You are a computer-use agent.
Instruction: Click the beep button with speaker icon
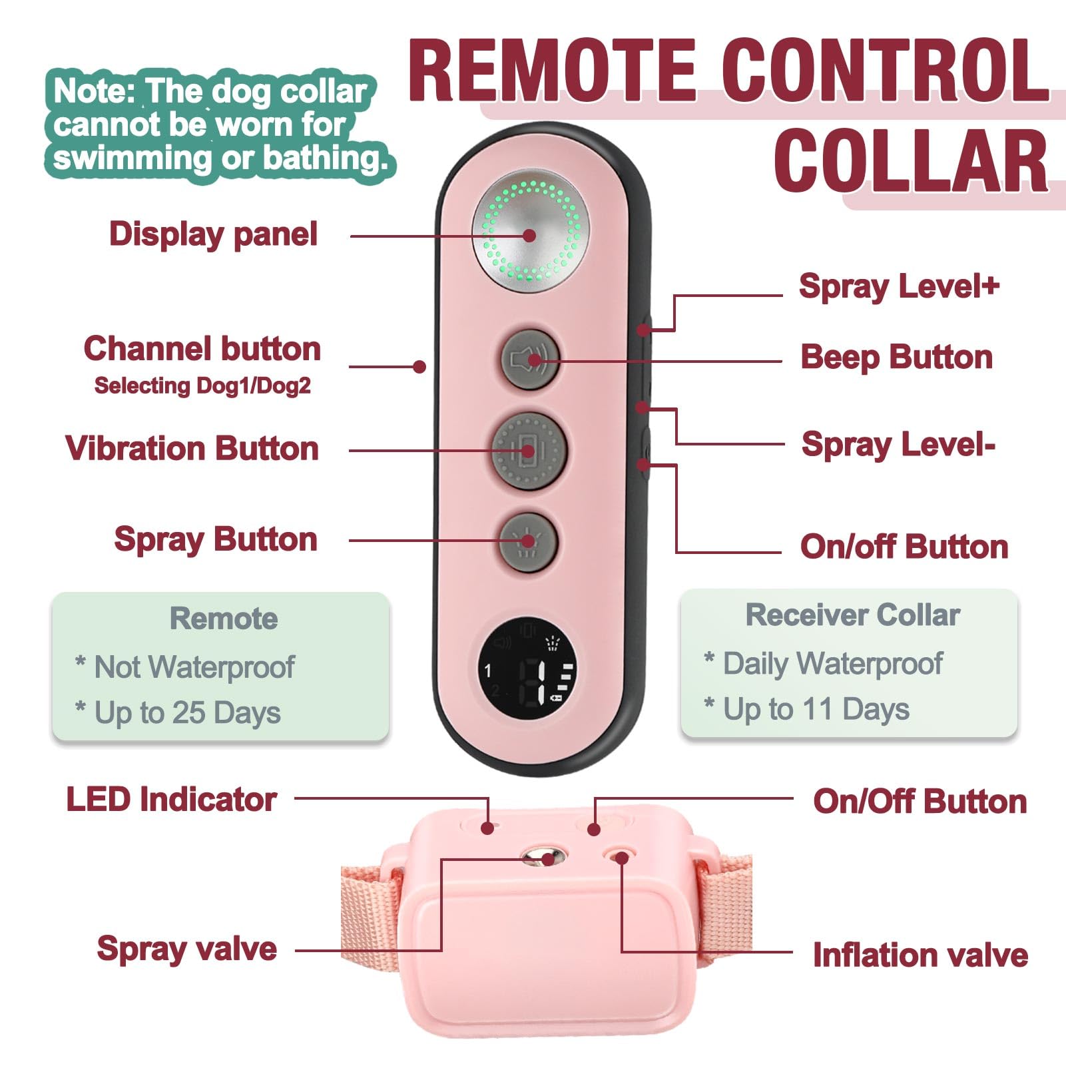coord(530,360)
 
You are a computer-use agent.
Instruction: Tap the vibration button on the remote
coord(529,451)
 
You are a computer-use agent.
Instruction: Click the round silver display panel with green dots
coord(531,234)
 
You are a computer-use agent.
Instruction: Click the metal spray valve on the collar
coord(543,856)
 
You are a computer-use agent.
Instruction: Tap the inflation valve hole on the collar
coord(619,856)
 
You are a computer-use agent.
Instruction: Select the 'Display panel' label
coord(213,235)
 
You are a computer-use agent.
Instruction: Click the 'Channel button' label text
coord(202,349)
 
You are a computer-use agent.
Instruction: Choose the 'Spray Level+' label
coord(899,287)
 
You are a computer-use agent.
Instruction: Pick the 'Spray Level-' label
coord(898,444)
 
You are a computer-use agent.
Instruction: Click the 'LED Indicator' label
coord(171,800)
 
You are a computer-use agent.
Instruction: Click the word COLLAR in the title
coord(911,161)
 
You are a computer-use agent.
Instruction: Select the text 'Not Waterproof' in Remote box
coord(194,667)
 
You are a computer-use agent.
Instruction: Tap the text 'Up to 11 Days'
coord(816,709)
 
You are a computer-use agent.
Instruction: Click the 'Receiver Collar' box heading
coord(852,615)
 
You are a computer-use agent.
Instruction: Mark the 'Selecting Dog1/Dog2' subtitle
coord(202,386)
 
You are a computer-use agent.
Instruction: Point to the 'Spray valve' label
coord(187,949)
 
